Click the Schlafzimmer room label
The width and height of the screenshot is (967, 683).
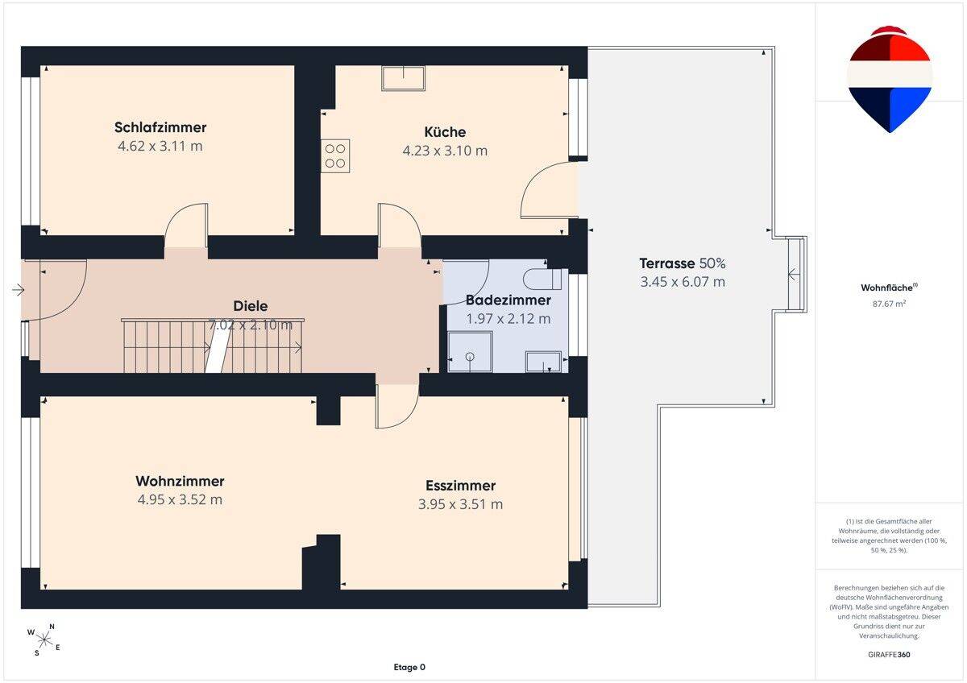pyautogui.click(x=160, y=127)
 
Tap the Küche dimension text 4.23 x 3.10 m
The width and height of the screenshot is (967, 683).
pyautogui.click(x=445, y=151)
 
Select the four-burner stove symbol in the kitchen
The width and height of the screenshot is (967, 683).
pyautogui.click(x=335, y=155)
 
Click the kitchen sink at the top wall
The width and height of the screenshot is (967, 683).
pyautogui.click(x=403, y=78)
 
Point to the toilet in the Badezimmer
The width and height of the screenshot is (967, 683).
pyautogui.click(x=542, y=279)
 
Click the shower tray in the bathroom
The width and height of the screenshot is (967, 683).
pyautogui.click(x=470, y=352)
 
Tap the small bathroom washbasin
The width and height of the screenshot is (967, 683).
pyautogui.click(x=543, y=362)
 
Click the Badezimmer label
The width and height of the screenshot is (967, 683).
pyautogui.click(x=508, y=300)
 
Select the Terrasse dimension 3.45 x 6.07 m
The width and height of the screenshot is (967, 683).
pyautogui.click(x=683, y=282)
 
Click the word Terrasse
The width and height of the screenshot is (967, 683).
pyautogui.click(x=667, y=263)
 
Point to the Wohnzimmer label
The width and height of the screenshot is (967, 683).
pyautogui.click(x=180, y=481)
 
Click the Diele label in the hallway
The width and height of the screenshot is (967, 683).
pyautogui.click(x=251, y=306)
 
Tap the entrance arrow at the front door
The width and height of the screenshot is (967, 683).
pyautogui.click(x=18, y=289)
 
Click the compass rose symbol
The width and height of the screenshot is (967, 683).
pyautogui.click(x=44, y=640)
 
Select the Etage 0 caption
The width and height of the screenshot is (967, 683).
pyautogui.click(x=409, y=667)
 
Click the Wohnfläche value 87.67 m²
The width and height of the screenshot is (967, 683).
pyautogui.click(x=889, y=304)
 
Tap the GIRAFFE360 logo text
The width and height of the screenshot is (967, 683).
pyautogui.click(x=889, y=655)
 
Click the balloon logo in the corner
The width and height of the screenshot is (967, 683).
pyautogui.click(x=890, y=80)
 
